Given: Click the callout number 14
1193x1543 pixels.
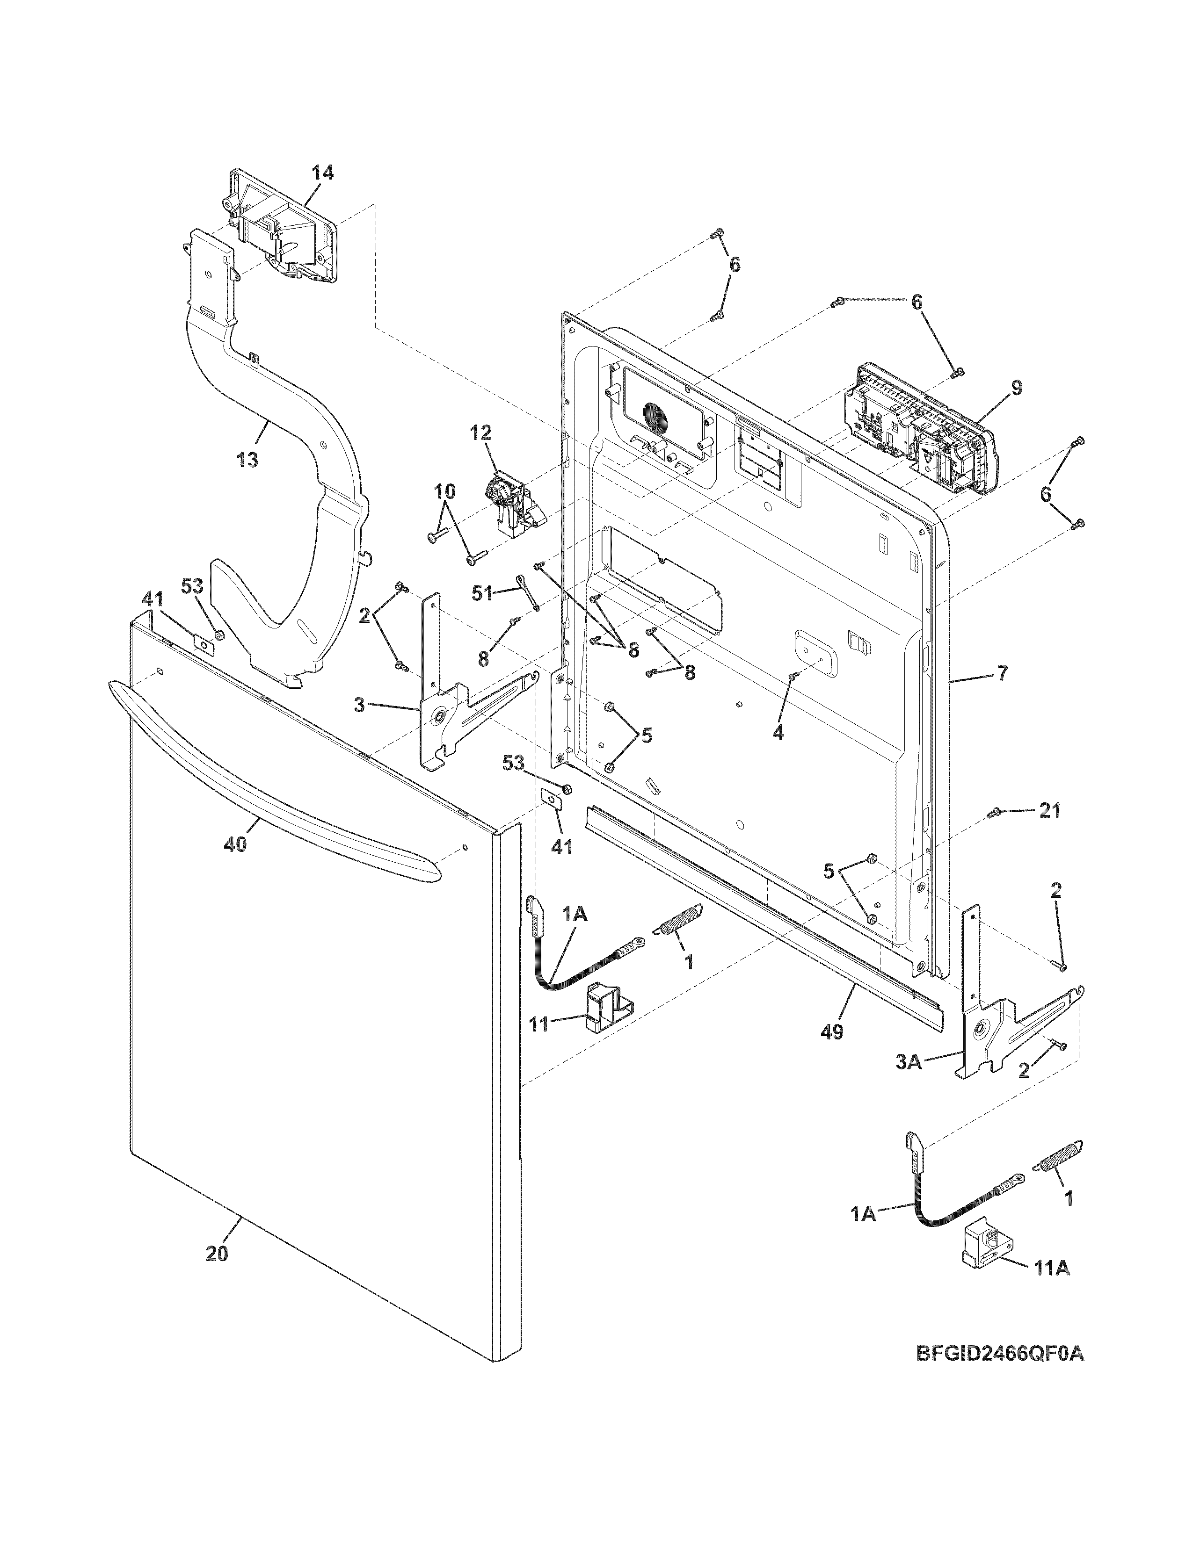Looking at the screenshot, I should (322, 173).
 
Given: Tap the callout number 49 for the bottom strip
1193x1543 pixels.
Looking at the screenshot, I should (833, 1032).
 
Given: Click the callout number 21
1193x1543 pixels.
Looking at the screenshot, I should (1049, 811).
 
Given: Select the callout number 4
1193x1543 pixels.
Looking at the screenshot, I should (778, 733).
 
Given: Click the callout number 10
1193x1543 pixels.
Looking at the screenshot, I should (444, 491).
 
